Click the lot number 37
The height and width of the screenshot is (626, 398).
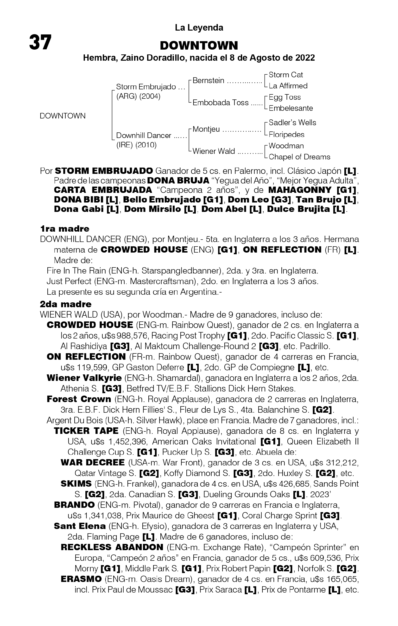coord(40,42)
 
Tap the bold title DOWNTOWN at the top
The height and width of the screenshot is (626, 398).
coord(199,46)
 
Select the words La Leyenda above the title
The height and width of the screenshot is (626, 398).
coord(199,27)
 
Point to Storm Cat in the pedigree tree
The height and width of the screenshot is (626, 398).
coord(286,75)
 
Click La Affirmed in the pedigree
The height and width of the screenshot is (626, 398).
coord(288,86)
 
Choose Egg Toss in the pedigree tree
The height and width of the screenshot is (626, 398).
coord(284,97)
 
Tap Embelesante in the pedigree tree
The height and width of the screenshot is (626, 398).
coord(291,108)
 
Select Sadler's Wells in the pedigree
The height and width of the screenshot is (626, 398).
coord(292,123)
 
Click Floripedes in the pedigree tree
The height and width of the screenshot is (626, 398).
coord(286,134)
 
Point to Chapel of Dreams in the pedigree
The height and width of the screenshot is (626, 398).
coord(299,157)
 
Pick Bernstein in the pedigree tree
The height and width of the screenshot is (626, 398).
coord(208,81)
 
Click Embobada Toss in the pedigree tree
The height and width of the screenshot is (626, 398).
coord(221,103)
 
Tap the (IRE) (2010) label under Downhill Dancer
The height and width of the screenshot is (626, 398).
coord(136,145)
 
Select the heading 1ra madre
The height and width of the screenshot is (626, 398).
coord(65,229)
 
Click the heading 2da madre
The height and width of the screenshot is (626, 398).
coord(66,304)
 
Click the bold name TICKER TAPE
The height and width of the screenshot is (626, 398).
coord(86,431)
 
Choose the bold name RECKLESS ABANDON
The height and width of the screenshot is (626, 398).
coord(112,547)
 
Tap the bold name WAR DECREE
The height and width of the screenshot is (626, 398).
coord(93,463)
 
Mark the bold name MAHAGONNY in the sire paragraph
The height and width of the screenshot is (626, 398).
coord(300,190)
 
